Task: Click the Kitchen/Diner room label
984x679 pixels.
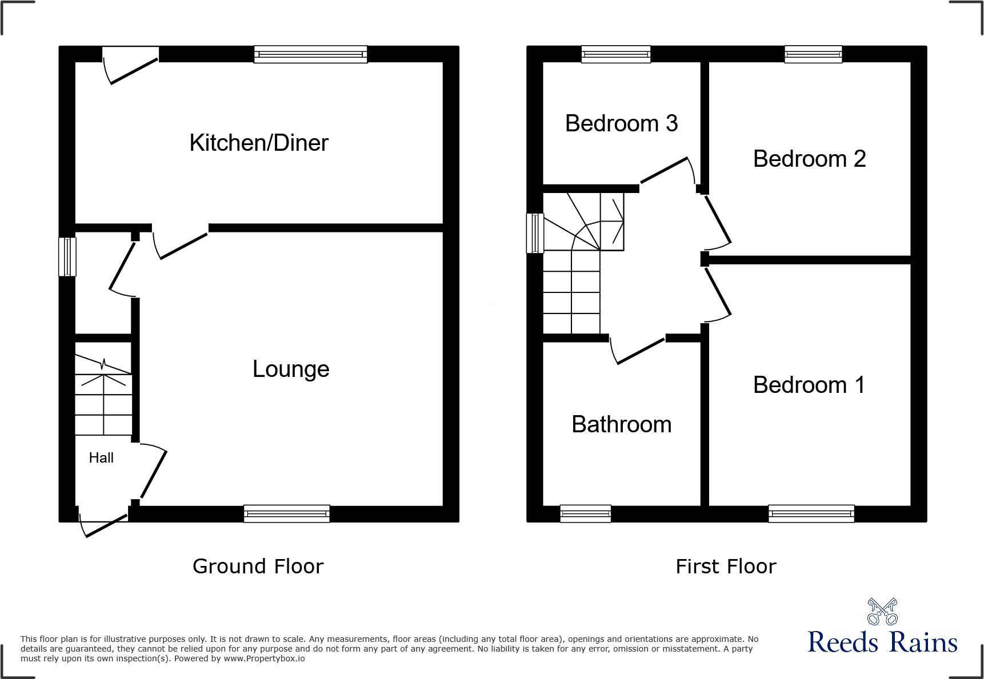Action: [x=259, y=143]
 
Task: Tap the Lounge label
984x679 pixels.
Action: [x=291, y=369]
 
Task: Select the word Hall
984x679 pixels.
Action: [x=101, y=457]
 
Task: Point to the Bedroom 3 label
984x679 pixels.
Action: [x=621, y=123]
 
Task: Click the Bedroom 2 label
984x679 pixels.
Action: [x=809, y=159]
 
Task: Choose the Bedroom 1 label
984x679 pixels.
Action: [x=809, y=385]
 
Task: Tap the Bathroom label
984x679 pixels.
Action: [x=621, y=424]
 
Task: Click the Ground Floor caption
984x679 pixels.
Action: [x=258, y=566]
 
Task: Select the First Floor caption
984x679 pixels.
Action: [x=726, y=566]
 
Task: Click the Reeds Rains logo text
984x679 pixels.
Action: [x=882, y=642]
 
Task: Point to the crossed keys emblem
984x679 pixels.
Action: [x=882, y=611]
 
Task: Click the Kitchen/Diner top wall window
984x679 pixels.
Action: [x=310, y=54]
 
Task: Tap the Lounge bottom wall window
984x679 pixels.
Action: [x=286, y=513]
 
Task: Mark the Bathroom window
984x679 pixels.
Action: [x=585, y=513]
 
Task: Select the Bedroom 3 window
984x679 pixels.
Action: [x=615, y=54]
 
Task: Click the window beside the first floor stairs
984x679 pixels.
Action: [x=535, y=233]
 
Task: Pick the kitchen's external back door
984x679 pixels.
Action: [x=130, y=66]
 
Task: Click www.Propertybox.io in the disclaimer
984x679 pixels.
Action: [x=264, y=658]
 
